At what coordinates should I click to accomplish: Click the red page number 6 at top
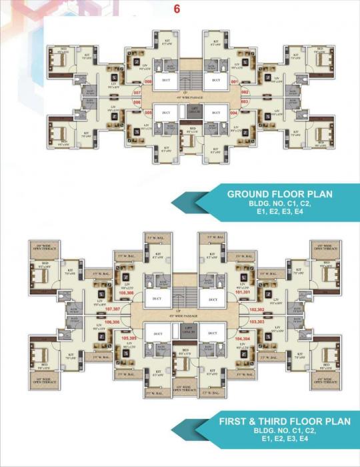click(x=177, y=9)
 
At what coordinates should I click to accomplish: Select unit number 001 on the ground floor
click(x=235, y=81)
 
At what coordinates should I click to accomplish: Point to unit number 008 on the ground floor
click(x=148, y=81)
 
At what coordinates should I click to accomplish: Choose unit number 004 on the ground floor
click(x=233, y=113)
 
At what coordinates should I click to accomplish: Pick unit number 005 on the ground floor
click(x=148, y=113)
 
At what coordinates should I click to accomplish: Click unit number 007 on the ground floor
click(x=137, y=92)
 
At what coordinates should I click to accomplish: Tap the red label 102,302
click(x=257, y=310)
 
